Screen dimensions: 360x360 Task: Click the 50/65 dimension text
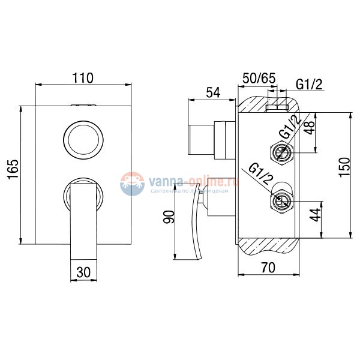click(x=259, y=79)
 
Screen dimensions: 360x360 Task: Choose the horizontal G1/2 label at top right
click(x=309, y=85)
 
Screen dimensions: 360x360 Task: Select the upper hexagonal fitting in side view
click(x=281, y=153)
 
